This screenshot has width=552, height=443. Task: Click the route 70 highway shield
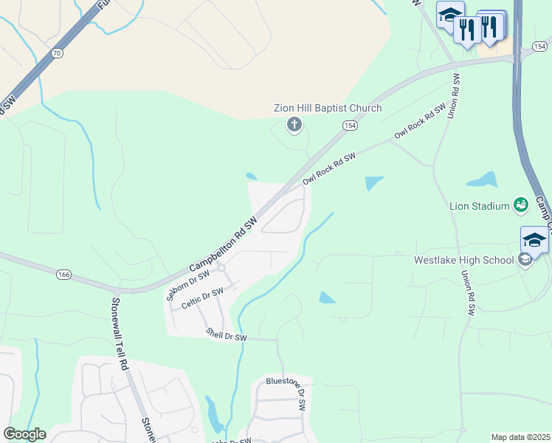click(x=57, y=53)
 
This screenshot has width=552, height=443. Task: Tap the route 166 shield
click(x=64, y=275)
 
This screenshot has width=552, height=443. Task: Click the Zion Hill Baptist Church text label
click(x=328, y=109)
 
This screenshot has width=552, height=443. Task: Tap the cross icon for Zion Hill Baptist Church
click(x=294, y=125)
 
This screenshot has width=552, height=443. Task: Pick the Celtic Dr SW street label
click(x=201, y=298)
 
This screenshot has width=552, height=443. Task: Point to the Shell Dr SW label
click(x=227, y=334)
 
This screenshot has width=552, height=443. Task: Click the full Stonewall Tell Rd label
click(x=120, y=334)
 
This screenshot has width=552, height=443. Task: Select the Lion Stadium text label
click(x=480, y=206)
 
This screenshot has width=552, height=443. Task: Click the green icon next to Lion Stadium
click(x=521, y=205)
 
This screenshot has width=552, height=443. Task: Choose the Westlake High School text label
click(x=464, y=260)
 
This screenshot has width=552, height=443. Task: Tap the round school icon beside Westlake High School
click(x=525, y=259)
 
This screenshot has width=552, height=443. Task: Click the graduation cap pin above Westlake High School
click(x=534, y=239)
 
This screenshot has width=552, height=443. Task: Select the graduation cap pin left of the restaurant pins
click(x=449, y=14)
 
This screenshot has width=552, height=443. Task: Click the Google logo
click(x=24, y=434)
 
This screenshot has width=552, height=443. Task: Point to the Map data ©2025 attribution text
click(x=521, y=437)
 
